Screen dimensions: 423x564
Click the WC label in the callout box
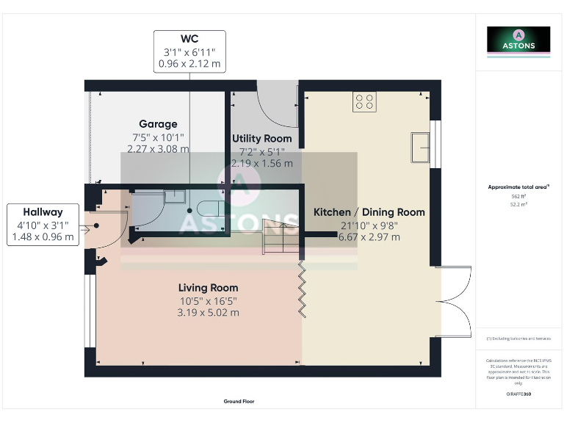[x=189, y=39]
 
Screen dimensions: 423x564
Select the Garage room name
[x=158, y=124]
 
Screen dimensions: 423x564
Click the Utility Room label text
[x=261, y=138]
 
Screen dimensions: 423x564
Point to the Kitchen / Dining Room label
[x=369, y=212]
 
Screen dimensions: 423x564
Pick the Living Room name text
[x=209, y=287]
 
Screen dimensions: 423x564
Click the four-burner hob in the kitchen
[x=364, y=102]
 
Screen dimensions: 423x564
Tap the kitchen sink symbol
[x=421, y=146]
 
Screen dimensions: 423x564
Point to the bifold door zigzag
[x=301, y=288]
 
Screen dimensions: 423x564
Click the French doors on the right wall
[x=454, y=301]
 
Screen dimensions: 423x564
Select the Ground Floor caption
[x=239, y=402]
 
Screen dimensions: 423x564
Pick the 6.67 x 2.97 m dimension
[x=369, y=236]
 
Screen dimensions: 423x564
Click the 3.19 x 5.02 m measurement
[x=209, y=312]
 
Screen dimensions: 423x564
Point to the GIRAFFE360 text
[x=518, y=395]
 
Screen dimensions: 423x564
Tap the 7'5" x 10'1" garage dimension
[x=158, y=137]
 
